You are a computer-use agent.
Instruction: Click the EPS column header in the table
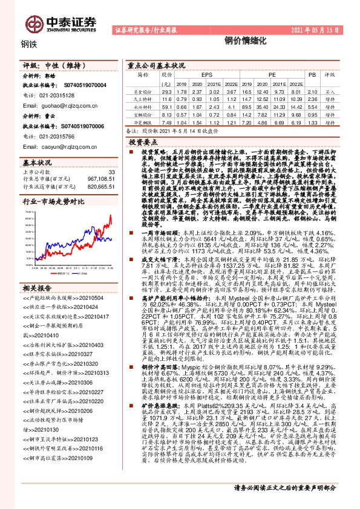199,75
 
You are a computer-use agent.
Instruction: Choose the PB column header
312,75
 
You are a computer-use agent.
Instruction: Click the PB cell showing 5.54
312,105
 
